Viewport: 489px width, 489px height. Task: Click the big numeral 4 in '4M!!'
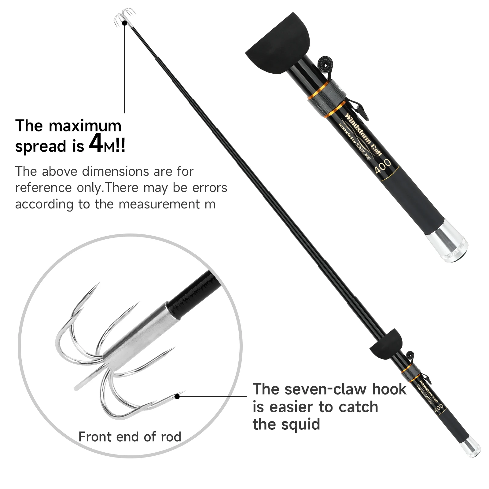point(96,142)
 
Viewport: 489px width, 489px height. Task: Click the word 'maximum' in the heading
point(85,126)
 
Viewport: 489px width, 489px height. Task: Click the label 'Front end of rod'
point(130,437)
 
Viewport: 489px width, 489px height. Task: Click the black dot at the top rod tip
point(124,23)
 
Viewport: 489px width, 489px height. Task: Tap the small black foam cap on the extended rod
point(385,344)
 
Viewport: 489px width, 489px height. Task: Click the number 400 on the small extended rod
point(439,408)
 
